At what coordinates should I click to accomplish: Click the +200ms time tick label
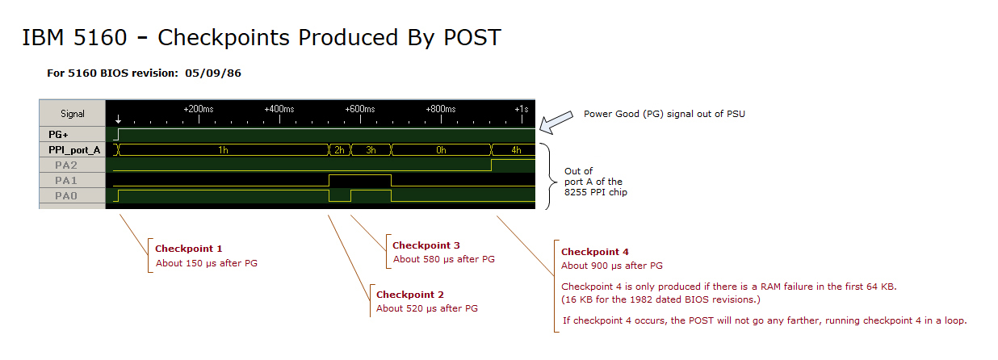tap(199, 109)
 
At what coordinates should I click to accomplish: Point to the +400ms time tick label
tap(279, 109)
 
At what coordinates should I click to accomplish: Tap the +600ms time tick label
tap(360, 109)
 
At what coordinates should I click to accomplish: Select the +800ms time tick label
tap(441, 109)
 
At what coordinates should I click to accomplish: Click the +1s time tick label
tap(522, 109)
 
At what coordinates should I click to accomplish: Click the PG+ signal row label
tap(58, 135)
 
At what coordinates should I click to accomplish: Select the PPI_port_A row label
tap(73, 150)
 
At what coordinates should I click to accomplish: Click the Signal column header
tap(73, 114)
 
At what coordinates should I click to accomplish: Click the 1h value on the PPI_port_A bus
tap(223, 150)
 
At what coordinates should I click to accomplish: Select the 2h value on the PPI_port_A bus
tap(340, 150)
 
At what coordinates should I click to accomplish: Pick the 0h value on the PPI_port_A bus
tap(441, 150)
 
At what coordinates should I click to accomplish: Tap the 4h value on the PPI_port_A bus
tap(516, 150)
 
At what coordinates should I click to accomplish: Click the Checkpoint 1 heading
tap(188, 249)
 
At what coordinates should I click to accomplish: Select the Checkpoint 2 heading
tap(409, 295)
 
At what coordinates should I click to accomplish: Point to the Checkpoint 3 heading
tap(426, 245)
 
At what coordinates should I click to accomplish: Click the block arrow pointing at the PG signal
tap(556, 123)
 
